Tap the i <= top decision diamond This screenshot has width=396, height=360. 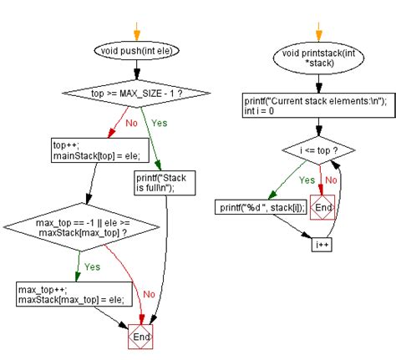pyautogui.click(x=318, y=152)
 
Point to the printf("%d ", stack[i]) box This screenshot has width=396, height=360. pyautogui.click(x=261, y=206)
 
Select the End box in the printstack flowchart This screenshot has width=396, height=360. pyautogui.click(x=323, y=207)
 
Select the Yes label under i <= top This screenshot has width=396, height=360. pyautogui.click(x=307, y=179)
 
